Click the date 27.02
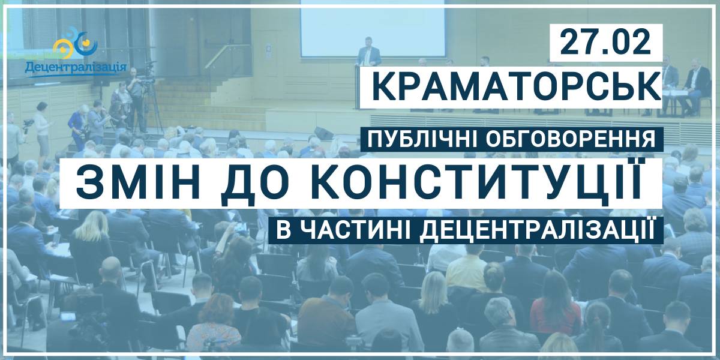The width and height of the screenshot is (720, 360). click(x=605, y=43)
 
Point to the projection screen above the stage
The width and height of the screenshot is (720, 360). click(x=373, y=29)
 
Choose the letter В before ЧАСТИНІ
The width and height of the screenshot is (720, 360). click(x=283, y=231)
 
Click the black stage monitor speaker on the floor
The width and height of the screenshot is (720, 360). click(x=323, y=133)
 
